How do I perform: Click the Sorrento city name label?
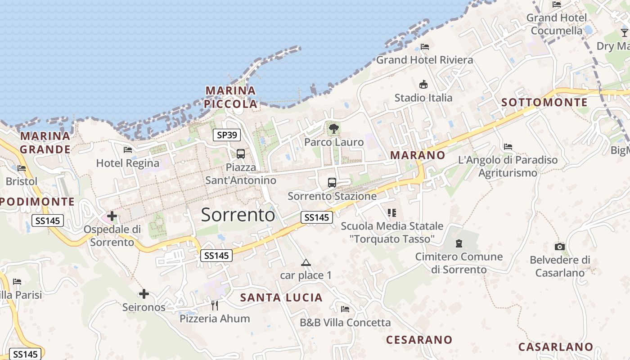(x=238, y=215)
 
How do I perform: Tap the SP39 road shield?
(x=226, y=135)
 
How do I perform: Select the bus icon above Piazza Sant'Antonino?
(x=241, y=154)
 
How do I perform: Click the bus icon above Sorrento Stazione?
(x=332, y=183)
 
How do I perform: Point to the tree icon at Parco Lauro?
(x=333, y=129)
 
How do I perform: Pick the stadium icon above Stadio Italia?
(x=423, y=84)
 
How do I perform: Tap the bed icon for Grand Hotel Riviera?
(x=424, y=47)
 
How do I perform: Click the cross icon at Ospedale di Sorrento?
(x=112, y=216)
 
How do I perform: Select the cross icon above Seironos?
(x=144, y=294)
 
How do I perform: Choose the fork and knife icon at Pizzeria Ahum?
(x=215, y=306)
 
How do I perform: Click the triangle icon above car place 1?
(x=306, y=262)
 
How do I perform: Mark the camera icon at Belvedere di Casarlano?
(x=560, y=247)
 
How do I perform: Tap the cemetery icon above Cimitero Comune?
(x=459, y=243)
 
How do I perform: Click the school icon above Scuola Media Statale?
(x=392, y=212)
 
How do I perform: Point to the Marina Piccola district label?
(x=231, y=97)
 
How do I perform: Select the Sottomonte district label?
(x=544, y=103)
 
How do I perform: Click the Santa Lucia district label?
(x=281, y=297)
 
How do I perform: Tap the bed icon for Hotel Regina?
(x=128, y=150)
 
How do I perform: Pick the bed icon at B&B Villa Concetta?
(x=345, y=309)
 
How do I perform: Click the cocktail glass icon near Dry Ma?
(x=624, y=33)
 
